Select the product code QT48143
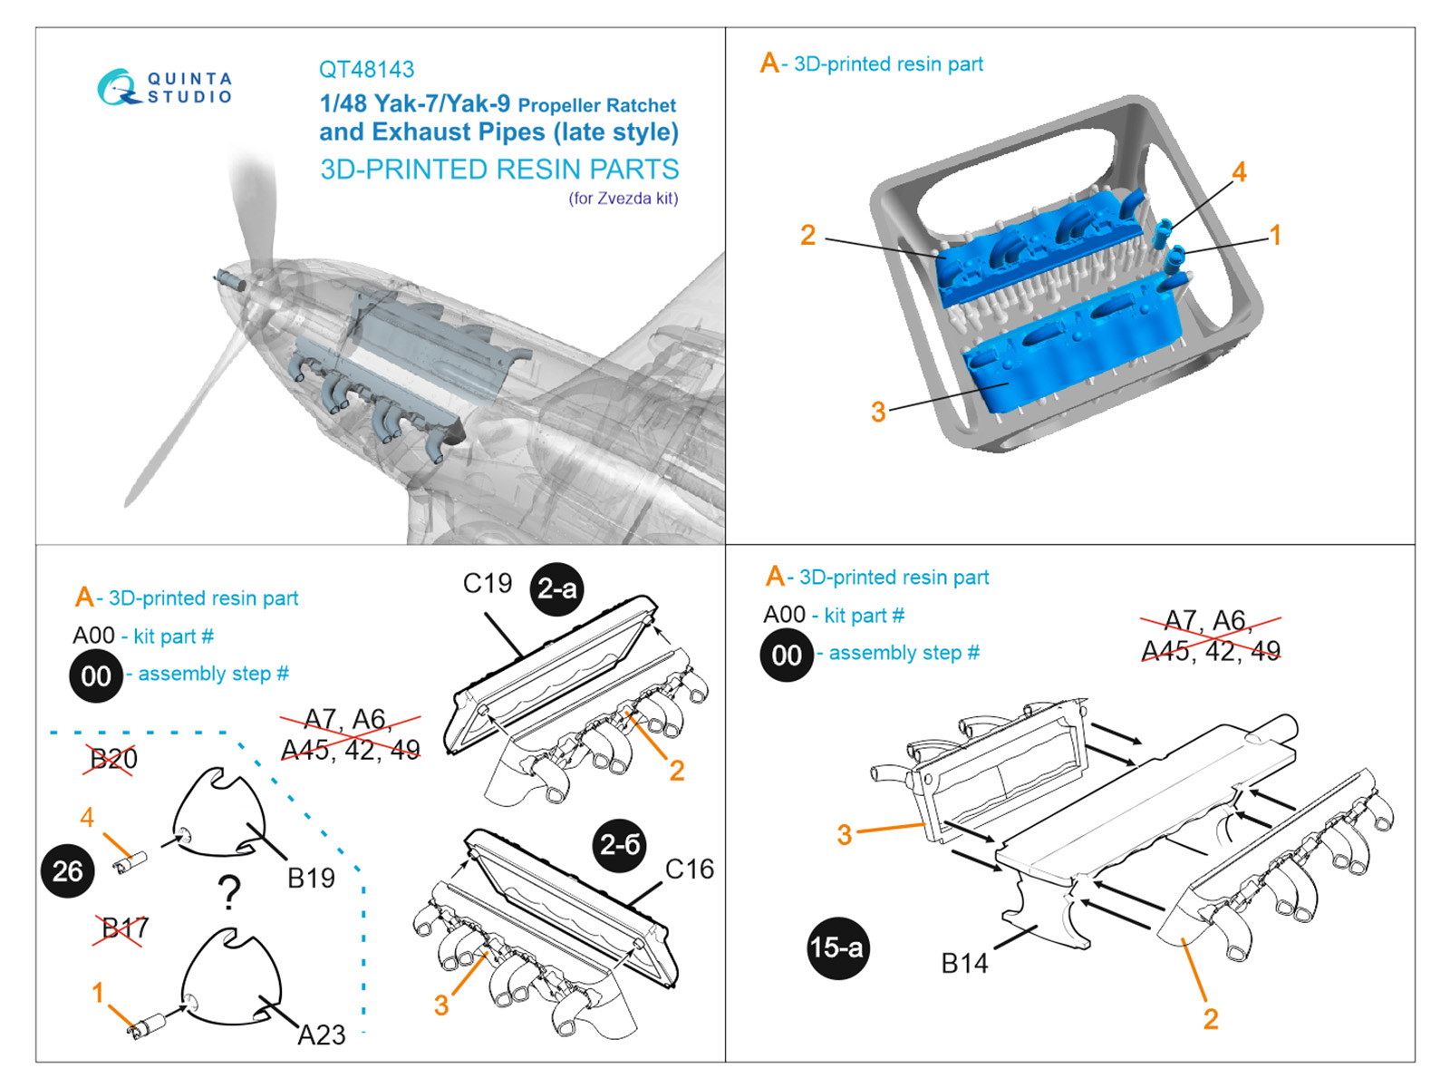(x=366, y=70)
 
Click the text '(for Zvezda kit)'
(x=623, y=199)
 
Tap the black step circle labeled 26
(x=68, y=871)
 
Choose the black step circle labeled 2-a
(x=556, y=589)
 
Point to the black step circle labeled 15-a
(x=836, y=948)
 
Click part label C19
(x=488, y=584)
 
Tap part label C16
(x=689, y=869)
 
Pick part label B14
(x=964, y=964)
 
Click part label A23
(x=322, y=1035)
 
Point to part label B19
(x=311, y=878)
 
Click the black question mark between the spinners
(x=230, y=893)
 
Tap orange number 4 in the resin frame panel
(x=1239, y=171)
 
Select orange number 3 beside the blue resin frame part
(x=877, y=412)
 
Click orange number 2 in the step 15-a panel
(x=1211, y=1019)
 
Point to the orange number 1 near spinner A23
(x=98, y=993)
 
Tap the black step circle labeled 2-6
(x=621, y=845)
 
